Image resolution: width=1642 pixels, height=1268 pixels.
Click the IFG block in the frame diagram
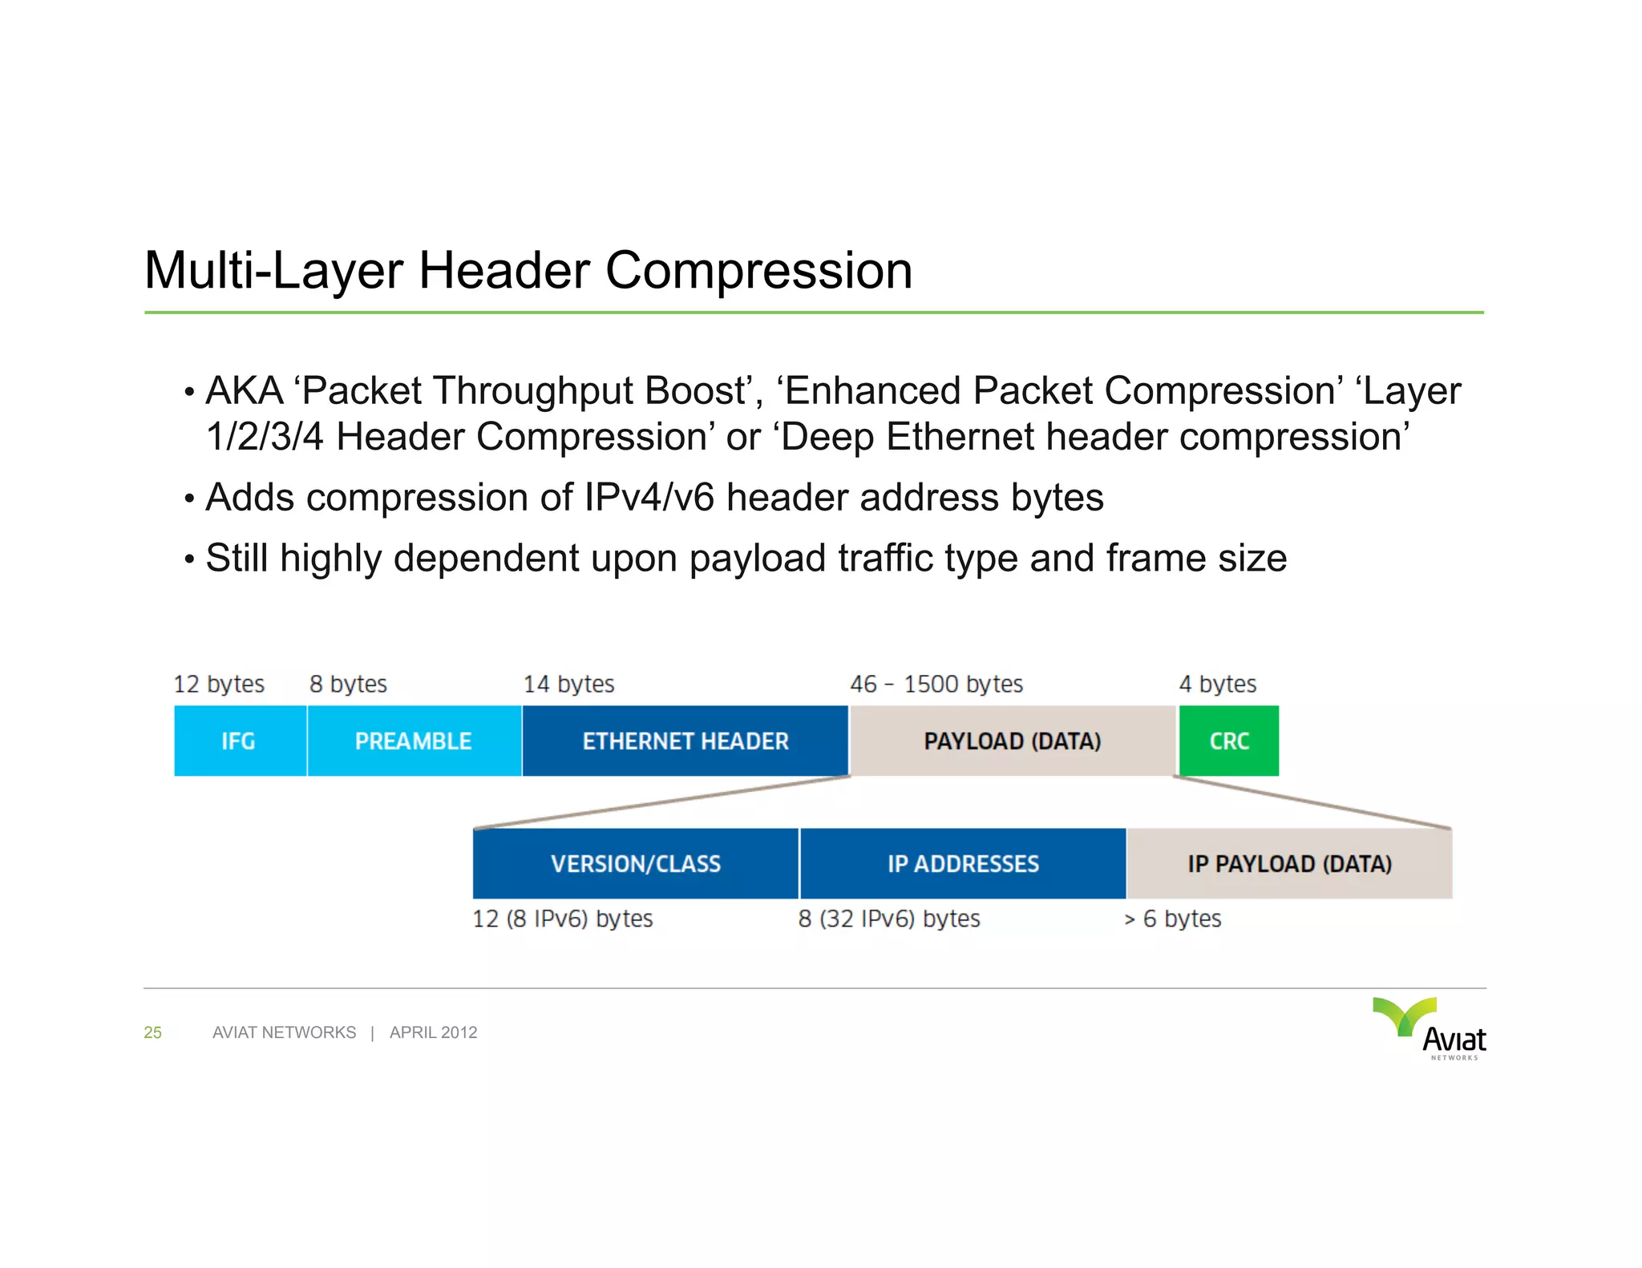pyautogui.click(x=240, y=741)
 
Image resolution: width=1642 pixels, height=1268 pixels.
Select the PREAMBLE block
pyautogui.click(x=414, y=741)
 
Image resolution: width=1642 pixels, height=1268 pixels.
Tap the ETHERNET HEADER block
pyautogui.click(x=685, y=741)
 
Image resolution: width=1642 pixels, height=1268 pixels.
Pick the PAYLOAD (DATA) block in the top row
pyautogui.click(x=1012, y=741)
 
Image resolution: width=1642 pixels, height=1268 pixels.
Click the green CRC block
pyautogui.click(x=1228, y=741)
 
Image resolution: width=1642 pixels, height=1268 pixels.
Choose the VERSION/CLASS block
pyautogui.click(x=635, y=863)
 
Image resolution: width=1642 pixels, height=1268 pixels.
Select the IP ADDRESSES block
pyautogui.click(x=963, y=863)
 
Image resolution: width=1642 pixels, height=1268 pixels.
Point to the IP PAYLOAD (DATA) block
pyautogui.click(x=1289, y=863)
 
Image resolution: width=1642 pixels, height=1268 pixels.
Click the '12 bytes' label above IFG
pyautogui.click(x=219, y=684)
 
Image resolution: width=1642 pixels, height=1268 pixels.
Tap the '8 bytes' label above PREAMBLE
pyautogui.click(x=348, y=684)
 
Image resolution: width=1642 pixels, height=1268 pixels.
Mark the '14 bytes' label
pyautogui.click(x=568, y=684)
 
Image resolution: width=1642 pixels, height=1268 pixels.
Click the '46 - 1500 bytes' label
pyautogui.click(x=936, y=684)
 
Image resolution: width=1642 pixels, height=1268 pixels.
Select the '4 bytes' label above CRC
pyautogui.click(x=1217, y=684)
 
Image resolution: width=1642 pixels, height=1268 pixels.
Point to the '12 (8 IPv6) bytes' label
pyautogui.click(x=563, y=919)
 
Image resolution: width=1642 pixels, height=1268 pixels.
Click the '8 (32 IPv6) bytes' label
pyautogui.click(x=889, y=919)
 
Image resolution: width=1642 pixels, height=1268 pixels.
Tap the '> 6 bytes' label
pyautogui.click(x=1172, y=919)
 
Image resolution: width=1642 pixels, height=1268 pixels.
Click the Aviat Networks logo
pyautogui.click(x=1431, y=1028)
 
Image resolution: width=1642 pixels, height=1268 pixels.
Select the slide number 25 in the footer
pyautogui.click(x=152, y=1032)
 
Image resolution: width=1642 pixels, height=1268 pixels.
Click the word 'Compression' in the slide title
pyautogui.click(x=758, y=270)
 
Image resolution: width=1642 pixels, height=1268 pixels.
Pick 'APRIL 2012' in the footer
pyautogui.click(x=433, y=1032)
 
